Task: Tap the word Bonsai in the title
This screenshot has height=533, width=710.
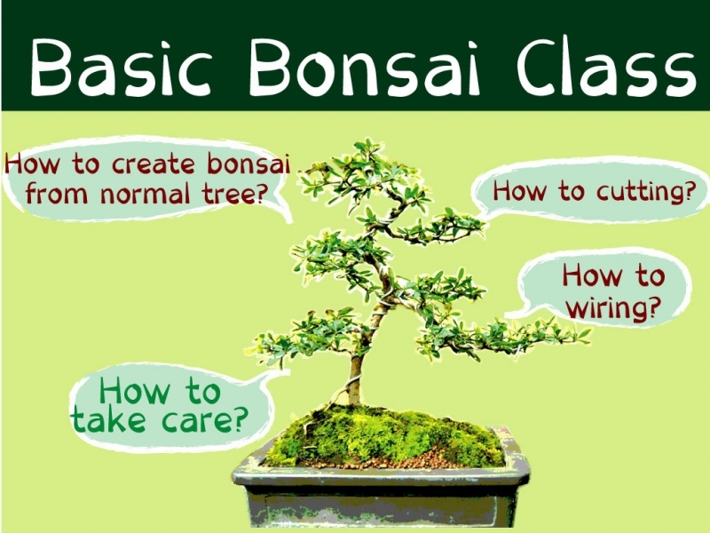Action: (365, 68)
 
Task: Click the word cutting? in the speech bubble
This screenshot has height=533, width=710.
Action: (645, 192)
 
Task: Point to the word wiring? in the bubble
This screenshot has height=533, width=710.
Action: (613, 308)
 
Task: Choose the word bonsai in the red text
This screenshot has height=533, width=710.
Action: (248, 163)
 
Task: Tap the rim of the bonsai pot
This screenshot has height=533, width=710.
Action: (381, 473)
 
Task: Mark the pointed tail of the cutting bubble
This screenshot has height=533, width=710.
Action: (483, 219)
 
